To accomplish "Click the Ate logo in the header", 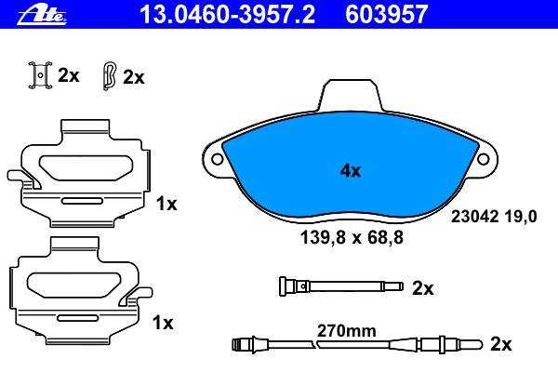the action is coord(42,15).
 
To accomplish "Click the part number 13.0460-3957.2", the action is coord(228,15).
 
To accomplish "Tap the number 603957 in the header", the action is coord(387,15).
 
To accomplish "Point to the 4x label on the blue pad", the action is coord(351,171).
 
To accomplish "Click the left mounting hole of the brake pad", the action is coord(218,159).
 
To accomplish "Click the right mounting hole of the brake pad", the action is coord(483,159).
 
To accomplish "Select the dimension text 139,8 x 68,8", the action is coord(352,237).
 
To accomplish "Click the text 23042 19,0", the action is coord(494,217).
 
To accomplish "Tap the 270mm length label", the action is coord(347,331).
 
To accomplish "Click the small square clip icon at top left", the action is coord(40,75).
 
